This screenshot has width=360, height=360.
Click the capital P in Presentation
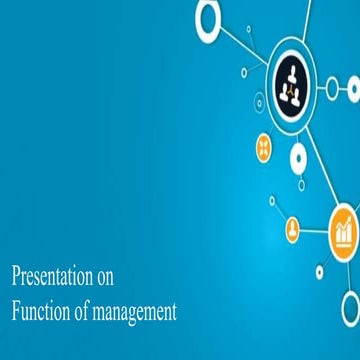point(15,275)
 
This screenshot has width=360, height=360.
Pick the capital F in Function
point(15,312)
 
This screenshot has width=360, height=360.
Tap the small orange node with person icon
point(293,230)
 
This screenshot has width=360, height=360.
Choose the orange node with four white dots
point(265,147)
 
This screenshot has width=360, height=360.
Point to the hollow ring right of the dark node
point(333,88)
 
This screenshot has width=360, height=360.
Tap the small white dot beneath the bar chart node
point(320,270)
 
